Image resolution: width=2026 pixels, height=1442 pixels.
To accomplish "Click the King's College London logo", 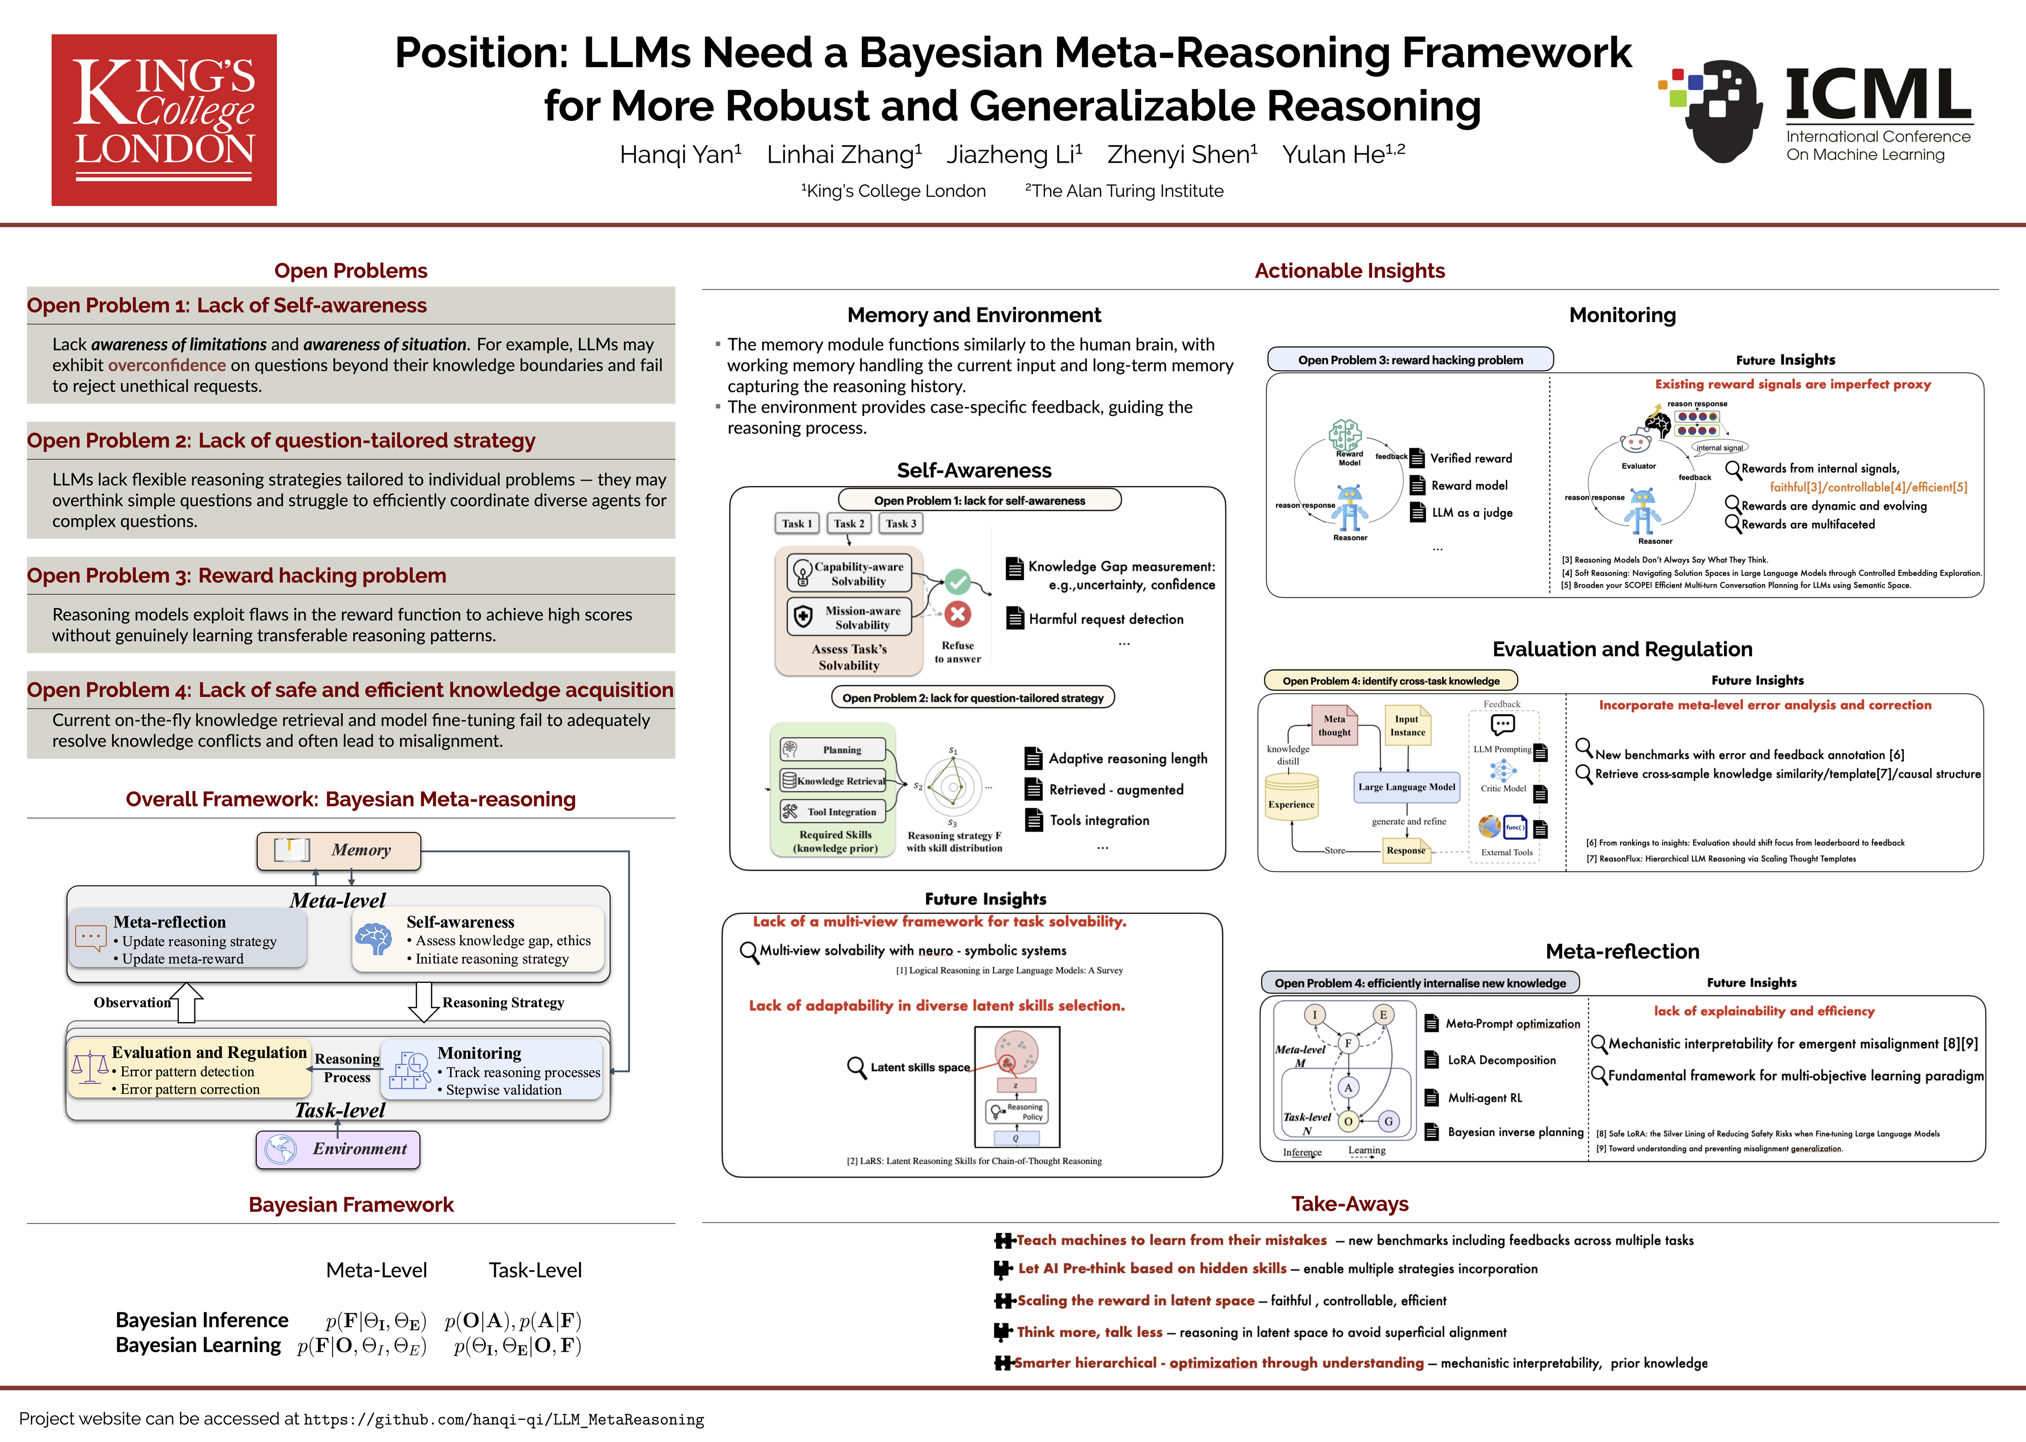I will (x=164, y=120).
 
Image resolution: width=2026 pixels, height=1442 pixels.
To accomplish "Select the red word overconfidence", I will (x=167, y=365).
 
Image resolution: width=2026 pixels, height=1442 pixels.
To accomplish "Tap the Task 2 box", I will (x=849, y=524).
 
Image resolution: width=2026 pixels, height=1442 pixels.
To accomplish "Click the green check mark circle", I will (x=957, y=582).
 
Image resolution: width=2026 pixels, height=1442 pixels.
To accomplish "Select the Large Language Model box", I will (x=1406, y=787).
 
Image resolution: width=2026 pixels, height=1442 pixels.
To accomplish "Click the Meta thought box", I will (x=1334, y=726).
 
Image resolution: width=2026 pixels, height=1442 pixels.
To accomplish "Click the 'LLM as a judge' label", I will (x=1471, y=512).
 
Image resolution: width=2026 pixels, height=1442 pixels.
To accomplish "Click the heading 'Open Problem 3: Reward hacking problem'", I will (x=236, y=575).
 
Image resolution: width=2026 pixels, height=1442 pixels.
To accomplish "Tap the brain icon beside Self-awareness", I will (x=374, y=938).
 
